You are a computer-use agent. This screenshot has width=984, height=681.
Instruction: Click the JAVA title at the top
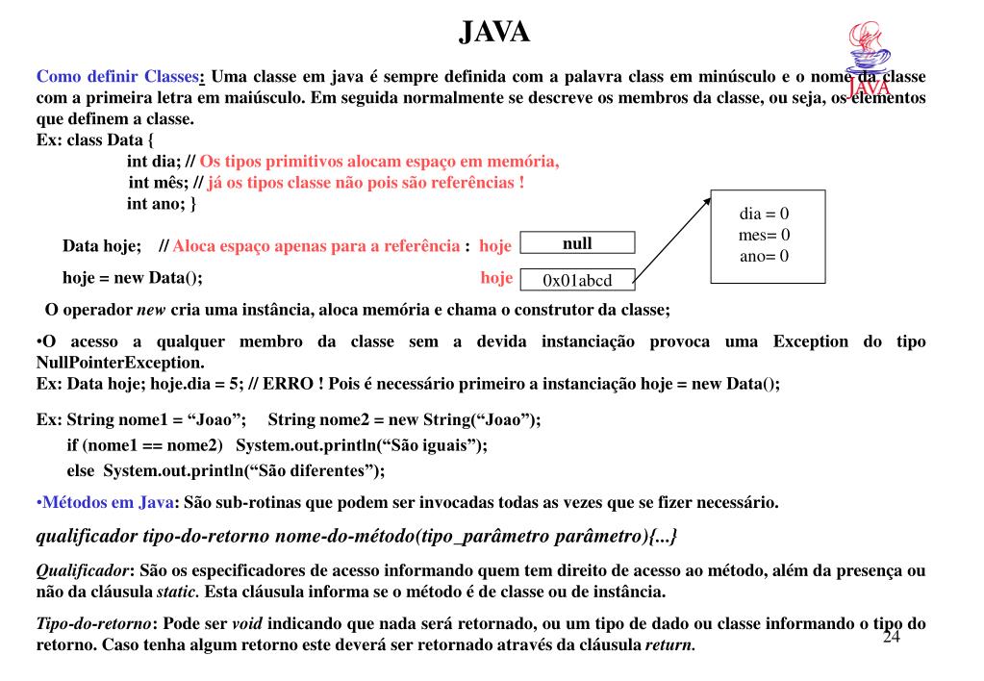coord(493,33)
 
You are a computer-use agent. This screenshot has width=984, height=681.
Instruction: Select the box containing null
coord(577,243)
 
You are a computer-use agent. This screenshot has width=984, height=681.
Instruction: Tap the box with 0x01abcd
coord(577,280)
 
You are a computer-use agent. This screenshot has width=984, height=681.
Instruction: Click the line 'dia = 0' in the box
coord(765,214)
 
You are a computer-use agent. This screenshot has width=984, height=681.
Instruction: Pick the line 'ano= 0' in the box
coord(765,256)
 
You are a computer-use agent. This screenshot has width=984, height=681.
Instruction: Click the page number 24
coord(892,639)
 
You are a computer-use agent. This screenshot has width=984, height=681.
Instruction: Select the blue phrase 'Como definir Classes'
coord(117,77)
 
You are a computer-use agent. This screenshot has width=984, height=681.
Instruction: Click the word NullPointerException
coord(119,363)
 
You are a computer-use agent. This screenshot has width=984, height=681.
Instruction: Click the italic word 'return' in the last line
coord(669,644)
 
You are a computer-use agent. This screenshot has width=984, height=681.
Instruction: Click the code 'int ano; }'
coord(162,204)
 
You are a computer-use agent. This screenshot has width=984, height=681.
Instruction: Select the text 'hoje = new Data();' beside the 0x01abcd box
coord(132,279)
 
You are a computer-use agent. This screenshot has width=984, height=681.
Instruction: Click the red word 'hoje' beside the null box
coord(494,246)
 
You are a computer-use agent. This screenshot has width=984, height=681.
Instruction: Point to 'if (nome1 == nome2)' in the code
coord(144,445)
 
